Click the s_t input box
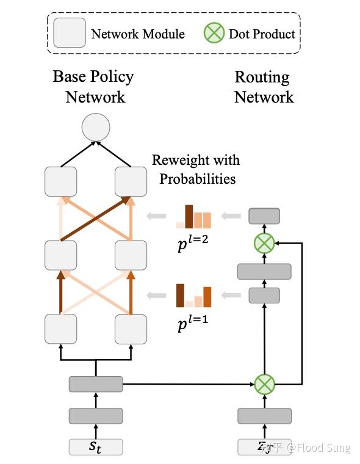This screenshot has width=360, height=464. (96, 446)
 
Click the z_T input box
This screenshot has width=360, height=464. (264, 446)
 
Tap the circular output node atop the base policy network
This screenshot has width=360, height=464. (96, 128)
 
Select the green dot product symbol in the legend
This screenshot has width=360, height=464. (214, 33)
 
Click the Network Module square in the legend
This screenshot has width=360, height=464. (69, 33)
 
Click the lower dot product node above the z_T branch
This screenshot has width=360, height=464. (264, 385)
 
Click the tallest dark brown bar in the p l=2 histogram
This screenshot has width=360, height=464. (189, 216)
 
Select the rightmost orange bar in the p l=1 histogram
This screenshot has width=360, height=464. (207, 297)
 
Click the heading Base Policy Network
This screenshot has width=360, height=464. (94, 87)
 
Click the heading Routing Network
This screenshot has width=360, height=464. (264, 87)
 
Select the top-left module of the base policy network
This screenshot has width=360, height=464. (61, 181)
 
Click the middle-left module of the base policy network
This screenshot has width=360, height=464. (61, 255)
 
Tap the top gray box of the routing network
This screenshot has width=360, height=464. (264, 216)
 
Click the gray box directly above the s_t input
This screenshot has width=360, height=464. (96, 416)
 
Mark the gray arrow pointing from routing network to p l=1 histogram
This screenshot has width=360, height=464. (231, 296)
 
